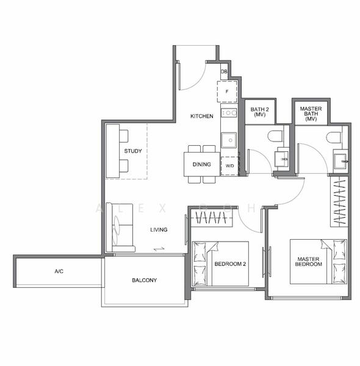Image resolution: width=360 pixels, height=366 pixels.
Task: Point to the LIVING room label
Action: pos(159,229)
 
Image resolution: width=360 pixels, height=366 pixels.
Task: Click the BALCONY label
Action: pos(145,281)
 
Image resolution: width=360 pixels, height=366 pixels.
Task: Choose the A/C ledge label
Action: pos(59,271)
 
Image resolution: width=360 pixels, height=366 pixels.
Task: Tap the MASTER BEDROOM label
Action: pos(309,262)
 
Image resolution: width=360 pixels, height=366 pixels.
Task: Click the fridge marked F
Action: pos(227,92)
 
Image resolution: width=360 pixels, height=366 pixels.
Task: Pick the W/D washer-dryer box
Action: pos(229,165)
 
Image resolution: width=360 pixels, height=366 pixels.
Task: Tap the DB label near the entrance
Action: pos(224,72)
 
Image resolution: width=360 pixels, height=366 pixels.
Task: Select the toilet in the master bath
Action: pos(334,137)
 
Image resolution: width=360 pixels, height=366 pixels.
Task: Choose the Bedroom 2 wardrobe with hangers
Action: pos(211,218)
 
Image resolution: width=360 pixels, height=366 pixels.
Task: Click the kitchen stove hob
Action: pos(229,112)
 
